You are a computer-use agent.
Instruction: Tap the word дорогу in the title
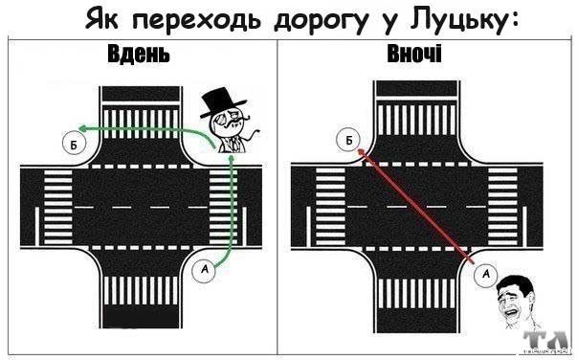(x=321, y=21)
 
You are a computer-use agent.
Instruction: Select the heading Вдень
(x=139, y=54)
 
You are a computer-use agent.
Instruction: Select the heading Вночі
(x=414, y=54)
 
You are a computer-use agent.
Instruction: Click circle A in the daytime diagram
(x=204, y=270)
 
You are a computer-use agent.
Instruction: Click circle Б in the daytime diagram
(x=74, y=145)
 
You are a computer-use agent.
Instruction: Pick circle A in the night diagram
(x=486, y=274)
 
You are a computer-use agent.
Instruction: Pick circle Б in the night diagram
(x=348, y=140)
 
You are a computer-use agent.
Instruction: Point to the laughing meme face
(x=516, y=301)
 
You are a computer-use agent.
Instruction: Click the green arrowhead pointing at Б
(x=83, y=128)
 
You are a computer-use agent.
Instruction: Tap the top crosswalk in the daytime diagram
(x=141, y=124)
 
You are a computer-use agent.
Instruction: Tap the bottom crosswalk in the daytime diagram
(x=141, y=291)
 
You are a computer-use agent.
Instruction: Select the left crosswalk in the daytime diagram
(x=58, y=208)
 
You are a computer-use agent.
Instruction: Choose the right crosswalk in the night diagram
(x=502, y=207)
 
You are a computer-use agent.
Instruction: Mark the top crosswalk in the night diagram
(x=416, y=121)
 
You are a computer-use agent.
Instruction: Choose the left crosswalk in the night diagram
(x=330, y=207)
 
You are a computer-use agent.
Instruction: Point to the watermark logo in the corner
(x=546, y=344)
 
